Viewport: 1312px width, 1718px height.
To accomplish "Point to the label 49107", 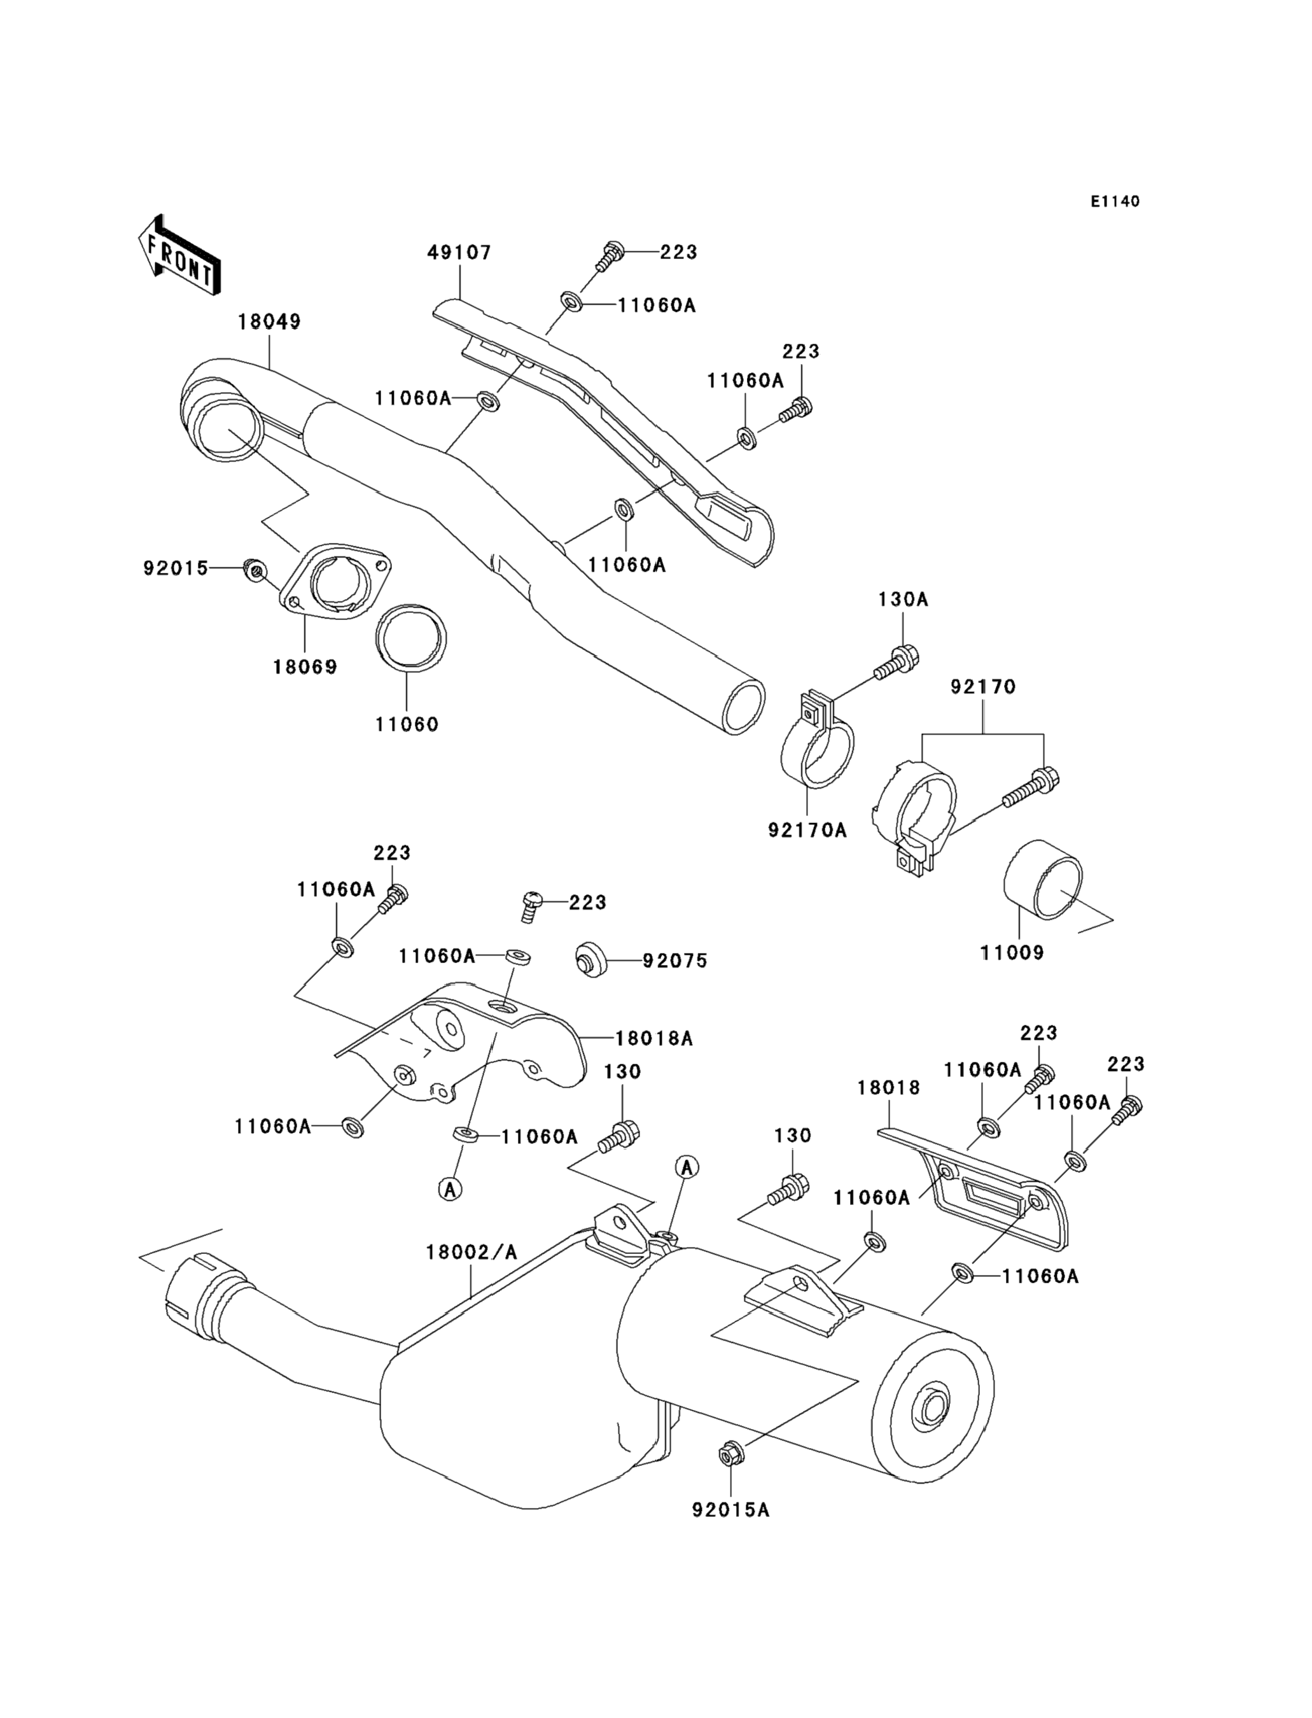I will (459, 252).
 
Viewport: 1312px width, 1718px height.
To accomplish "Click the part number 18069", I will (305, 666).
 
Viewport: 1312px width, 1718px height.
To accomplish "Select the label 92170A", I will (807, 829).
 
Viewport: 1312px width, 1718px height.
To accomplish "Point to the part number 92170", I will (982, 687).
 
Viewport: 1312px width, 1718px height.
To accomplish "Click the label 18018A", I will (653, 1038).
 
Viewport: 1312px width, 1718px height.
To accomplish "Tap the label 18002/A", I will (471, 1252).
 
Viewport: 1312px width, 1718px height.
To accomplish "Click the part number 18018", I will (888, 1088).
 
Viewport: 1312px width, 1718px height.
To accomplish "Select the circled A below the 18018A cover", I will (450, 1189).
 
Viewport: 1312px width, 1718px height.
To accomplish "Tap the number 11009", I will (1012, 952).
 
